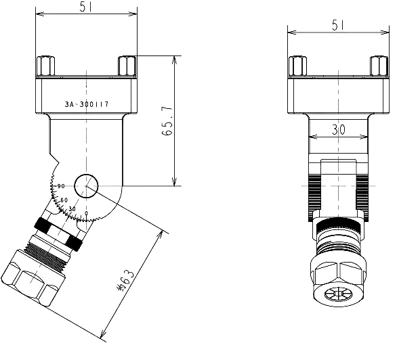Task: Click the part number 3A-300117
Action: pyautogui.click(x=87, y=105)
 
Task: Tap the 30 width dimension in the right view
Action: pyautogui.click(x=337, y=129)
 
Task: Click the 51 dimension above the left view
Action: pyautogui.click(x=85, y=7)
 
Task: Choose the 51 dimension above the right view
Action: pyautogui.click(x=339, y=24)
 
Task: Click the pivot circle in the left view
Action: pyautogui.click(x=86, y=185)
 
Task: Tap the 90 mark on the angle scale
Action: pyautogui.click(x=61, y=186)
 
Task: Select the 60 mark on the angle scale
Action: pyautogui.click(x=64, y=200)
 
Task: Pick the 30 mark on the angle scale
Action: pyautogui.click(x=72, y=209)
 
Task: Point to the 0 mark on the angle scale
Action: pyautogui.click(x=86, y=214)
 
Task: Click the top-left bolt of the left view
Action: pyautogui.click(x=45, y=66)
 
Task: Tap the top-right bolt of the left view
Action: pyautogui.click(x=127, y=66)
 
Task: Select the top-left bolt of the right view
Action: pyautogui.click(x=297, y=66)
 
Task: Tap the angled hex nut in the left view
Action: pyautogui.click(x=30, y=277)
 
